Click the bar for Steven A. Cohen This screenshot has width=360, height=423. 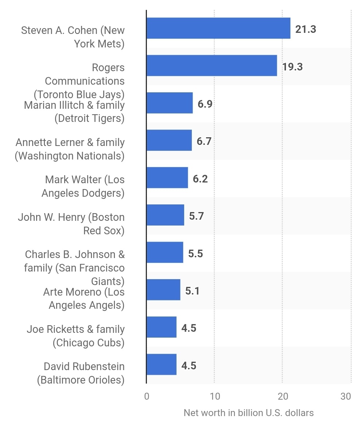coord(218,28)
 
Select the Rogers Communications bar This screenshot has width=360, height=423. coord(212,66)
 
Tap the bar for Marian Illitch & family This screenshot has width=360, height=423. coord(170,103)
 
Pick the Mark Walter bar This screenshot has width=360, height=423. coord(167,178)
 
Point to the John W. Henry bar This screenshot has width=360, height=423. coord(165,215)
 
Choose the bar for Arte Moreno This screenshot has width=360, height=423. coord(163,290)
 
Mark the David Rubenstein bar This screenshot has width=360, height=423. coord(162,364)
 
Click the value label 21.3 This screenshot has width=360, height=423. coord(306,29)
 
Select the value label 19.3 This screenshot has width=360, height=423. coord(292,67)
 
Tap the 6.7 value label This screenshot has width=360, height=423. coord(204,141)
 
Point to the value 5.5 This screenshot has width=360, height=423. coord(196,253)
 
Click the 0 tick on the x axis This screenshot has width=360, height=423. coord(147,396)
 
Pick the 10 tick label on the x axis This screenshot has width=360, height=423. coord(214,396)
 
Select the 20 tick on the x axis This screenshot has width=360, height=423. coord(282,396)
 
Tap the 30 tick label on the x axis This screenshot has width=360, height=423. coord(345,396)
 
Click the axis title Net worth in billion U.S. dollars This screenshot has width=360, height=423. coord(248,413)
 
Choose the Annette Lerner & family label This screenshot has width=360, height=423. coord(70,149)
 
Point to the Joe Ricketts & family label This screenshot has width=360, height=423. coord(76,336)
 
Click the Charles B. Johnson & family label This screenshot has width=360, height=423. coord(74,268)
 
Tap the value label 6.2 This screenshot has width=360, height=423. coord(200,179)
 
